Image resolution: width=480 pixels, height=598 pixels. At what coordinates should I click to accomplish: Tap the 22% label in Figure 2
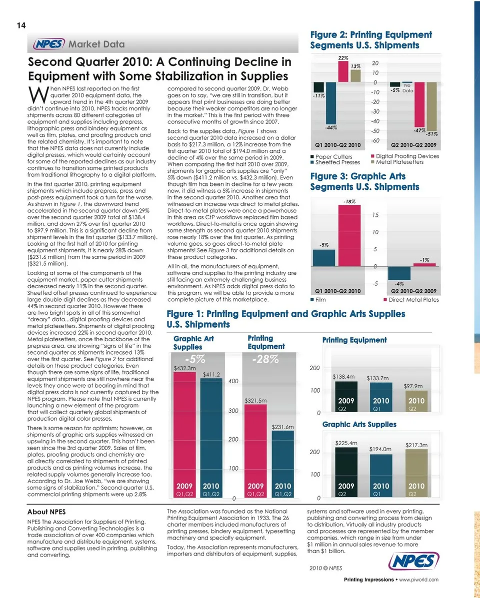tap(343, 58)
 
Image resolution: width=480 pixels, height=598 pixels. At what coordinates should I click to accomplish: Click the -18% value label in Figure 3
tap(349, 202)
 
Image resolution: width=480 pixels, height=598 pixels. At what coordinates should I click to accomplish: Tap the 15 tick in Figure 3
tap(374, 215)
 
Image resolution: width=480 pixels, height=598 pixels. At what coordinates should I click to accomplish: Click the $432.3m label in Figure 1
tap(184, 368)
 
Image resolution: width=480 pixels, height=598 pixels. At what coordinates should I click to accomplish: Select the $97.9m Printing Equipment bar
tap(413, 401)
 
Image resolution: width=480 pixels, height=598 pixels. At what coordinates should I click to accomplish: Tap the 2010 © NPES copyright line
tap(326, 569)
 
